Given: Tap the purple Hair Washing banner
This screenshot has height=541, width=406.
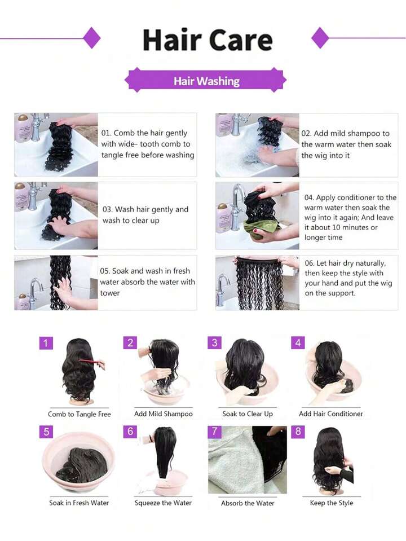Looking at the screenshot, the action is [x=206, y=81].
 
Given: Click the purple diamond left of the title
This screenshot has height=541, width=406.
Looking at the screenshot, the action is [x=92, y=38].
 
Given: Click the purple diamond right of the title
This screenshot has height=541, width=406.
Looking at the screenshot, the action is [x=320, y=38].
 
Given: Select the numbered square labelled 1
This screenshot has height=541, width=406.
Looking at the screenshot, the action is [x=46, y=343].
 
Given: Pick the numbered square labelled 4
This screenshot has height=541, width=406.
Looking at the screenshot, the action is [x=298, y=342].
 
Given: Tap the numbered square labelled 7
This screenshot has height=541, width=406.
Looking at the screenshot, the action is [x=214, y=432].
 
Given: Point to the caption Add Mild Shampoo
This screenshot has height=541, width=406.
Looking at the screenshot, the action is [x=164, y=414].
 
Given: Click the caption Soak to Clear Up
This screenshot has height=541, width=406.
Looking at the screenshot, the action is [x=248, y=414].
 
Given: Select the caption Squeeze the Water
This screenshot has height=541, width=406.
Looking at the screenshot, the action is [x=163, y=503].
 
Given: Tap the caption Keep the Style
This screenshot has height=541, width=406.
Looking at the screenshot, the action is [x=332, y=503].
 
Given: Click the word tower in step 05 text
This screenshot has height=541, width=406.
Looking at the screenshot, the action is [x=110, y=293].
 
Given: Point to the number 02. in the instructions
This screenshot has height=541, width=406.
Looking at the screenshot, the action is [x=306, y=134].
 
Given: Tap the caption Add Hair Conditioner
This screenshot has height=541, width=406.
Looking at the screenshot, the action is [x=331, y=414].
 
